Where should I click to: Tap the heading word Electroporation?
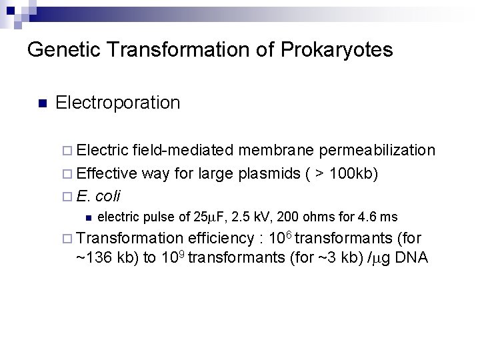tap(118, 103)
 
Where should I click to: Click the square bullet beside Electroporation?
tap(42, 103)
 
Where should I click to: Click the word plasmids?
tap(268, 174)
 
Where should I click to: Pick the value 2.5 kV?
tap(250, 217)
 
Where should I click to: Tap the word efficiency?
tap(221, 238)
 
